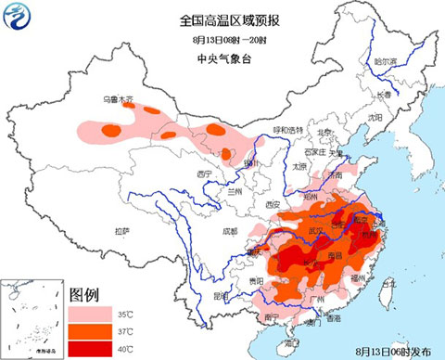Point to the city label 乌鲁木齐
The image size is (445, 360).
[119, 99]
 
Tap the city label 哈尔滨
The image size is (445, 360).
[385, 61]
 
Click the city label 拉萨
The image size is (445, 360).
[121, 230]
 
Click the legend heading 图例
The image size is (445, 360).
[84, 295]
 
